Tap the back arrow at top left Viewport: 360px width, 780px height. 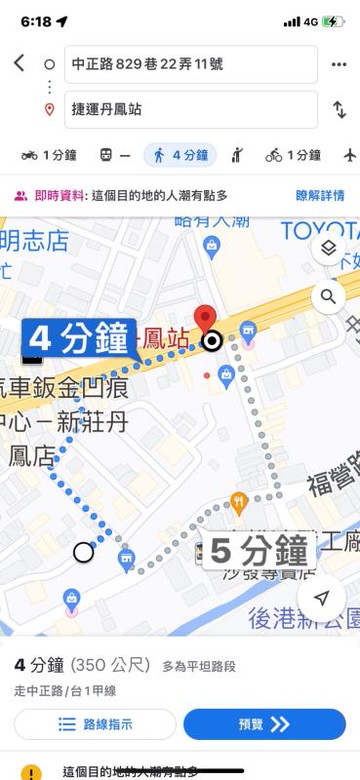(19, 63)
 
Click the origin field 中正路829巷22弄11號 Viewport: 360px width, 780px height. (190, 64)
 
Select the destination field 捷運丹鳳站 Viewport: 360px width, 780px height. (190, 109)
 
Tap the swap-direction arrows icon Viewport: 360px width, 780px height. (338, 109)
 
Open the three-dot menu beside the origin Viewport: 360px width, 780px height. (338, 64)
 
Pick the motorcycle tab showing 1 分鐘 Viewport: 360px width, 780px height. (49, 155)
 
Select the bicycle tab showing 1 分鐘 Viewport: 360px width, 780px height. (293, 155)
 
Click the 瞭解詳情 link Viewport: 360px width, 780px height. (320, 196)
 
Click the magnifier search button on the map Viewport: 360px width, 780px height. (328, 296)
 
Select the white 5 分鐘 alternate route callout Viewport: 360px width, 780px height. (259, 550)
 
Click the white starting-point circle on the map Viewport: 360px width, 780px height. (83, 552)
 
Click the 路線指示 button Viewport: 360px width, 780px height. (95, 724)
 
